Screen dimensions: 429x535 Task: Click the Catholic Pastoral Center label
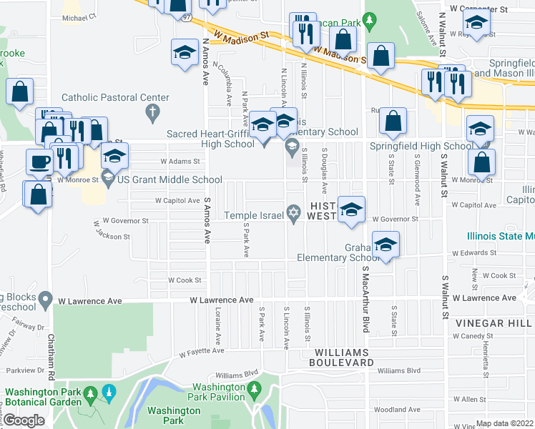pos(115,98)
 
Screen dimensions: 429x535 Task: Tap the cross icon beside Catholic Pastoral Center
pos(151,112)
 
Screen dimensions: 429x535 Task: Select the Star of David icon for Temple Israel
pos(293,213)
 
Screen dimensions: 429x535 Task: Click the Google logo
pos(24,420)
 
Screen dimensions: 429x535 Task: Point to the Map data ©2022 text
pos(505,423)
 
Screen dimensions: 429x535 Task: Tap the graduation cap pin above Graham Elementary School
pos(386,245)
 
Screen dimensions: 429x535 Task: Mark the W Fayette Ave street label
pos(202,352)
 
